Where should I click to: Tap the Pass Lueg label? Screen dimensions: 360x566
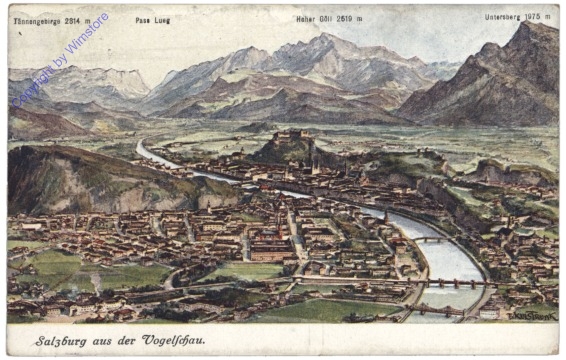pos(153,19)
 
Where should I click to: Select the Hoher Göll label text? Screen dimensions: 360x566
pos(314,19)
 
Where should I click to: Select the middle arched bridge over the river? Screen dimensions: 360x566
pos(455,283)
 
